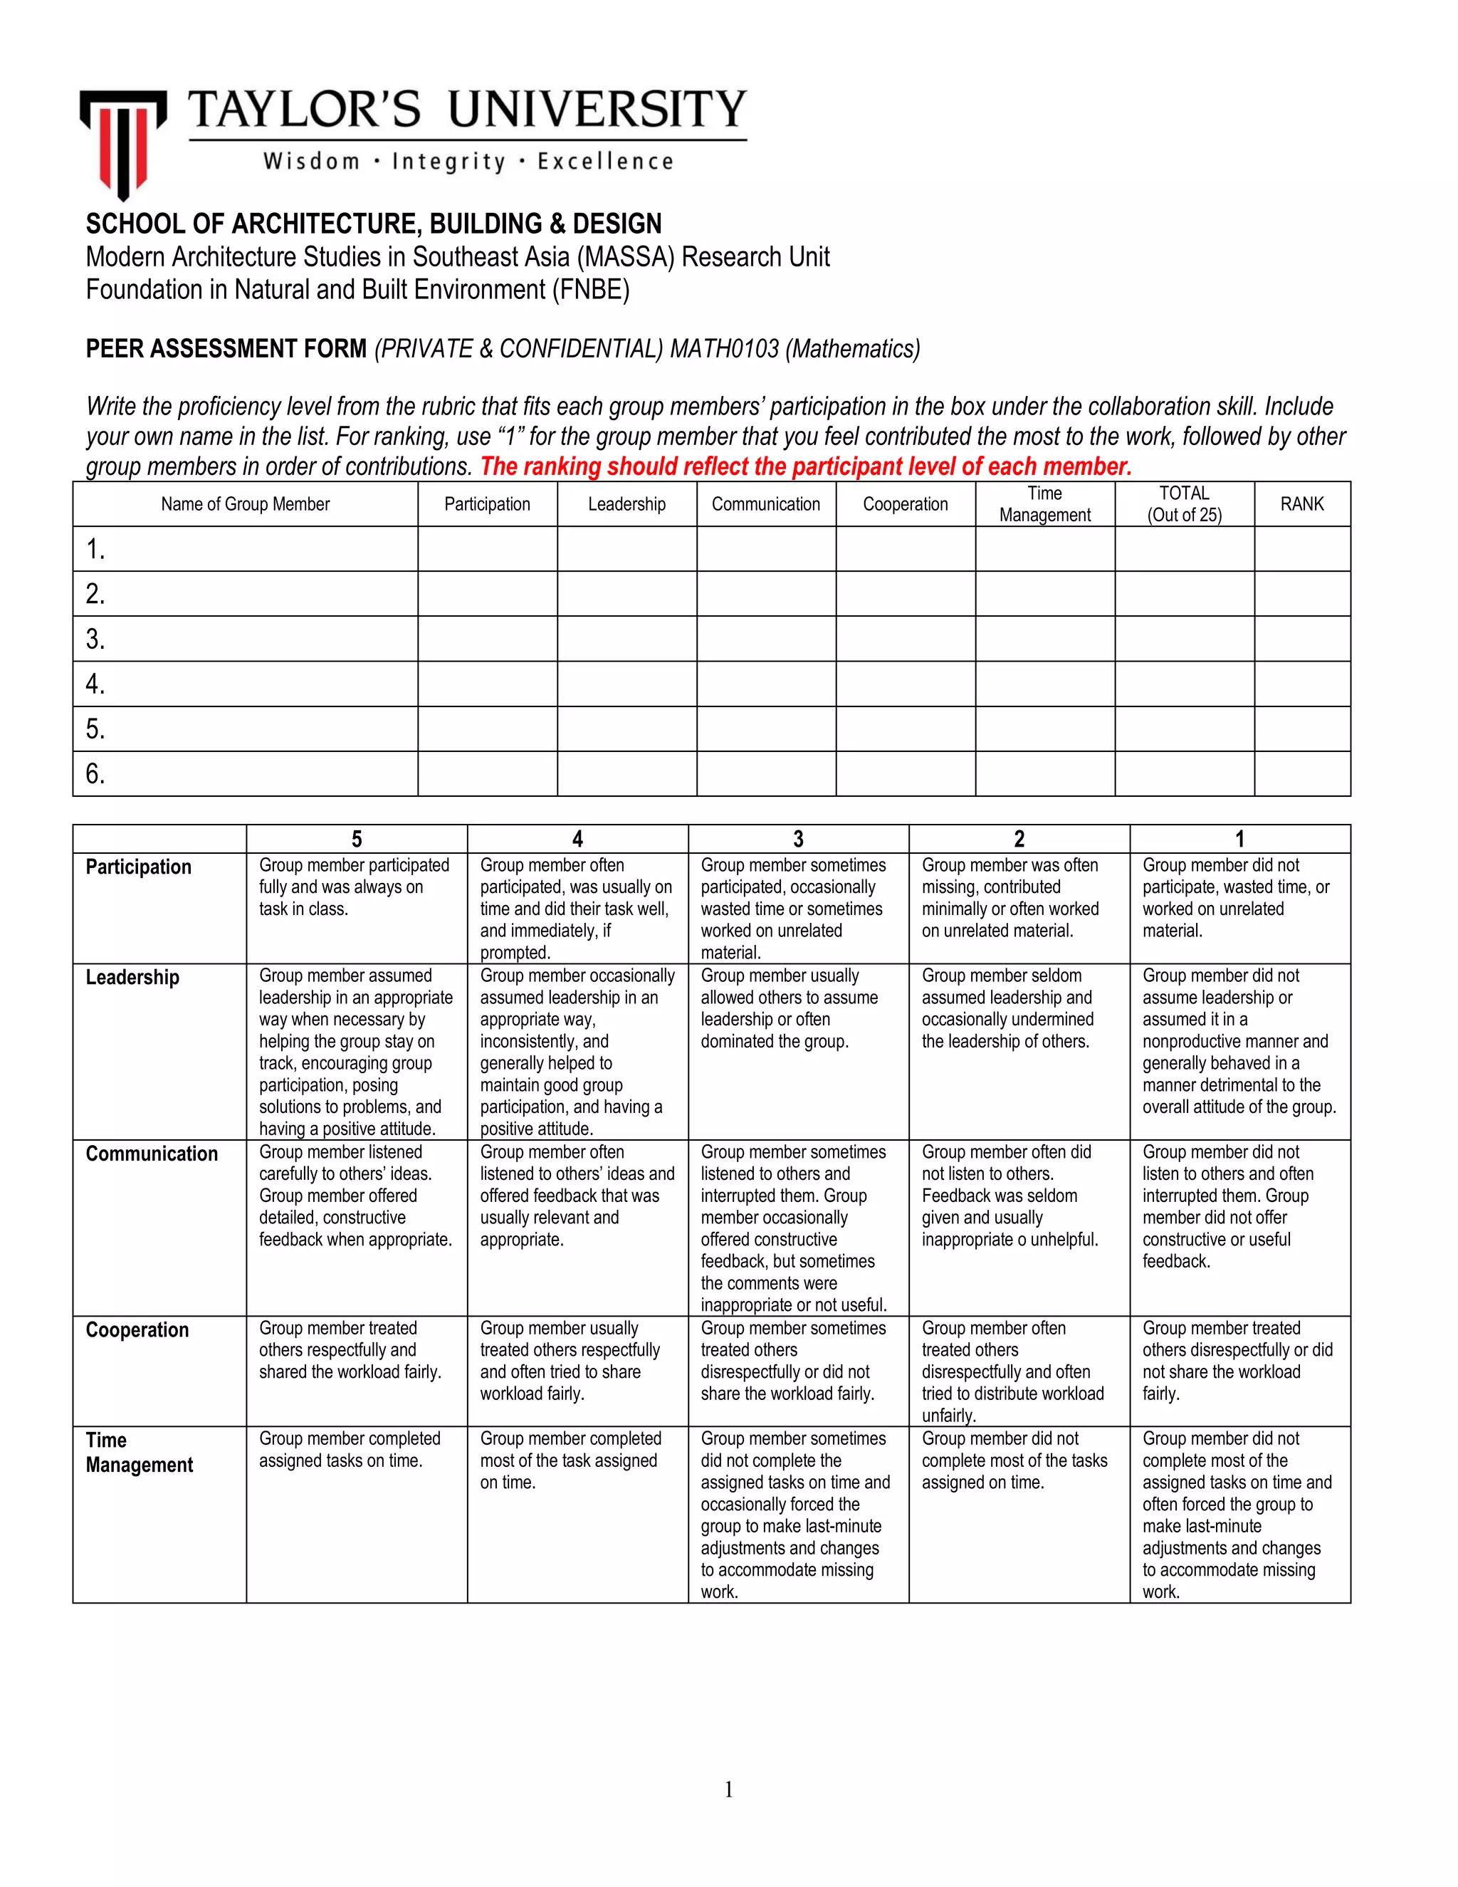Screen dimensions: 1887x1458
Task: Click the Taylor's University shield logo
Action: pyautogui.click(x=122, y=143)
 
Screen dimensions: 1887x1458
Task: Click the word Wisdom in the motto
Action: pyautogui.click(x=311, y=162)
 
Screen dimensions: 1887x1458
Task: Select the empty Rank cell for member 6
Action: pyautogui.click(x=1301, y=773)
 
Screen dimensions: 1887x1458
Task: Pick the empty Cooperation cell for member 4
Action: pyautogui.click(x=906, y=684)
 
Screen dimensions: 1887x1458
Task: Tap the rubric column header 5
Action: pyautogui.click(x=357, y=839)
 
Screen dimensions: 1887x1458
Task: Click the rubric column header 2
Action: pyautogui.click(x=1019, y=839)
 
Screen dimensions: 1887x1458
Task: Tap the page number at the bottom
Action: pyautogui.click(x=728, y=1789)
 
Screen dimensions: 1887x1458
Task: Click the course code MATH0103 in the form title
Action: pyautogui.click(x=724, y=348)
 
